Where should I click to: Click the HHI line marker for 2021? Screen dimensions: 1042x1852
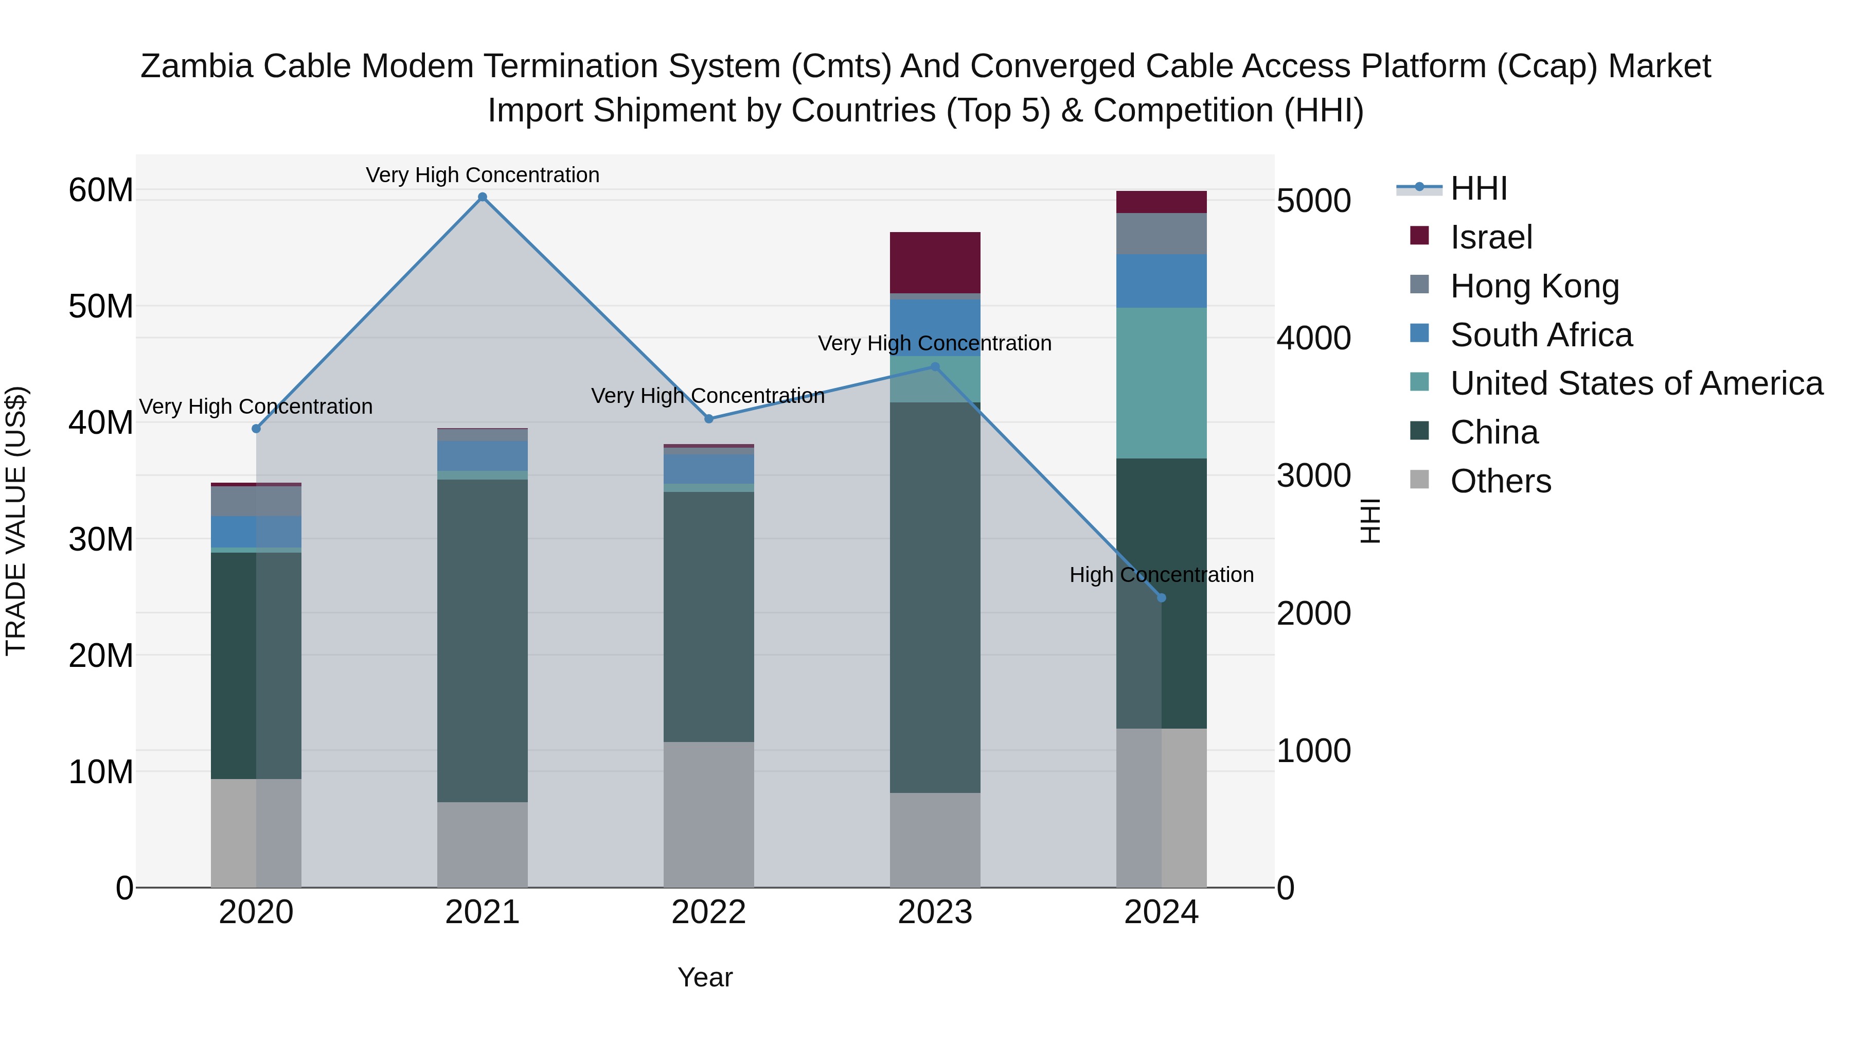point(483,197)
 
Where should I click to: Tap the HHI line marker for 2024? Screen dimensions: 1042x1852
point(1161,597)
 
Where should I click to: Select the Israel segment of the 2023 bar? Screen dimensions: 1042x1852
point(935,262)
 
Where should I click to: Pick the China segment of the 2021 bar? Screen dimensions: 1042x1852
point(483,640)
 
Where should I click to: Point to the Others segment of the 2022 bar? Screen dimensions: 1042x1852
point(708,814)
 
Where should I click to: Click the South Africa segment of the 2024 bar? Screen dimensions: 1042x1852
point(1161,280)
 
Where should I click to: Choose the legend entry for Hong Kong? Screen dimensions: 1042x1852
point(1534,286)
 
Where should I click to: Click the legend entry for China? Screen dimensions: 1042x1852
point(1493,432)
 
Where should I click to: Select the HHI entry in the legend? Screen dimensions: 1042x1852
point(1477,188)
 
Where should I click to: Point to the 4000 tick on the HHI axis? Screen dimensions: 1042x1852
point(1313,339)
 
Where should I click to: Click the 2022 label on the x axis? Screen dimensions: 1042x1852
point(708,912)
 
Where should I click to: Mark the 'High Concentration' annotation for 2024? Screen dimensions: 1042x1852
point(1161,575)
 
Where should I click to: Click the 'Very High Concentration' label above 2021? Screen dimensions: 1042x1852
point(483,175)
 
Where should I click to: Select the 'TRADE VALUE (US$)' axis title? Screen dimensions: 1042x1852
point(16,521)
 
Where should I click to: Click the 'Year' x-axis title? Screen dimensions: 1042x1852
point(705,977)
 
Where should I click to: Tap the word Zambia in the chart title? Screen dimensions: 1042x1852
point(197,66)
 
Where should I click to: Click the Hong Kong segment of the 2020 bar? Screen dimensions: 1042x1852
point(256,501)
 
